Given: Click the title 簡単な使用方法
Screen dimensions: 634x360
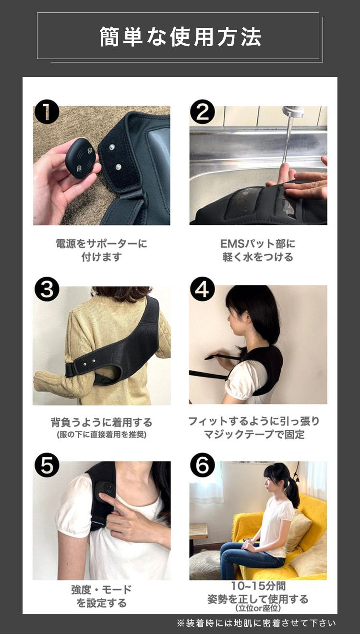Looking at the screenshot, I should tap(180, 37).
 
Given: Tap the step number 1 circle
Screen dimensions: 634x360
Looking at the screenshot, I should tap(47, 112).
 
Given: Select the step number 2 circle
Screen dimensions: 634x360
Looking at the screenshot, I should tap(203, 112).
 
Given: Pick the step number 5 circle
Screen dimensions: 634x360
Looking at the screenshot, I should tap(47, 465).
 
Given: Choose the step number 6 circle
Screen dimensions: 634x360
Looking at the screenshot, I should tap(203, 465).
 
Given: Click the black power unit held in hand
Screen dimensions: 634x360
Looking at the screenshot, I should tap(80, 158).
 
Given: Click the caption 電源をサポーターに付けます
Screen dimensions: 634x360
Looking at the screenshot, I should tap(101, 250).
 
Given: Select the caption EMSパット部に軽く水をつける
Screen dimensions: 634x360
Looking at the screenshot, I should tap(258, 250).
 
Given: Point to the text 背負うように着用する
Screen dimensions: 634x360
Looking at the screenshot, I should tap(101, 422).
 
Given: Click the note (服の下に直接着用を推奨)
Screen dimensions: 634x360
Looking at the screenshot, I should tap(101, 435).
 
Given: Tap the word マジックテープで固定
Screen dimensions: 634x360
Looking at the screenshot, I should tap(254, 435).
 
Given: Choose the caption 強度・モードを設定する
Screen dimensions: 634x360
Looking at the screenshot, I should tap(101, 596).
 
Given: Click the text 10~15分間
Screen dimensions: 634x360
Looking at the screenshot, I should tap(258, 586).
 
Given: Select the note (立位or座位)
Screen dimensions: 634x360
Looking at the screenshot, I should tap(258, 609).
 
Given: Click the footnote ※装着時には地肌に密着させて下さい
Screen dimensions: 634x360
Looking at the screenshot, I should tap(256, 623).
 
